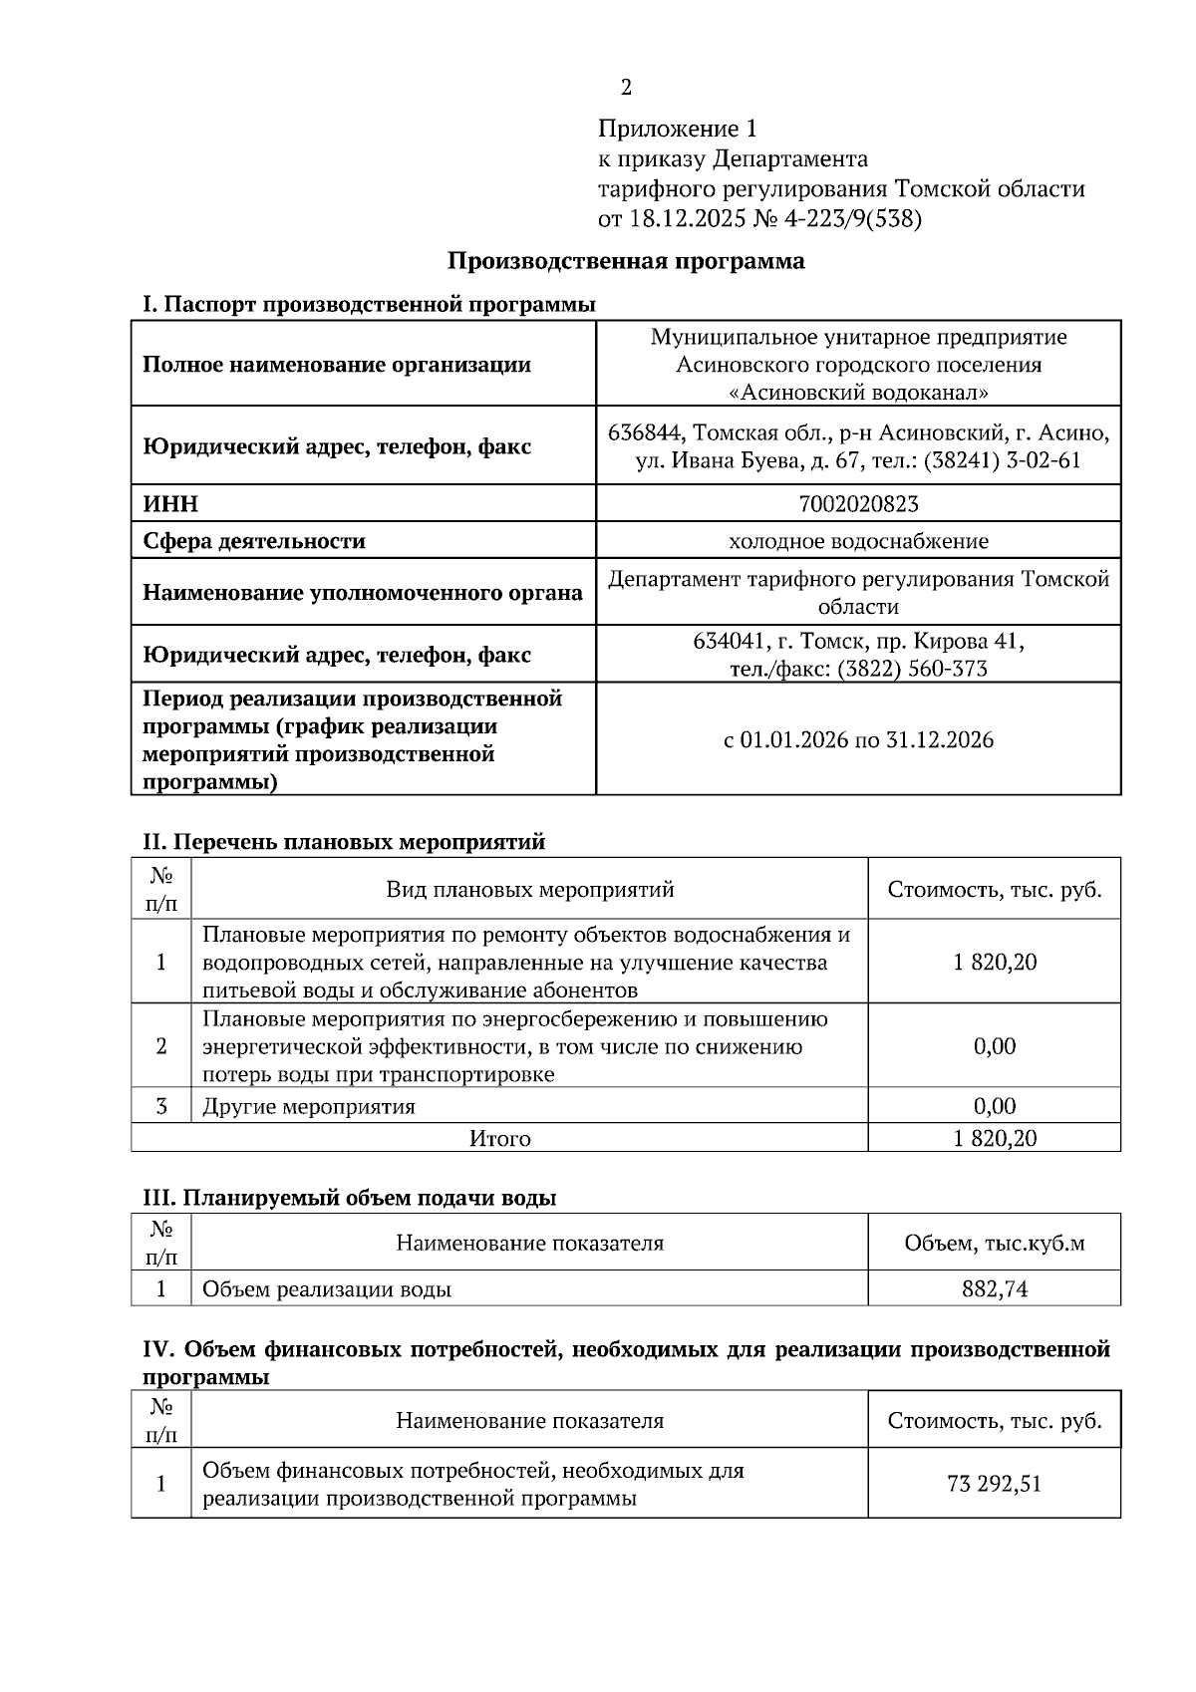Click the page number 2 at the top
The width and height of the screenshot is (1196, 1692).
pos(626,88)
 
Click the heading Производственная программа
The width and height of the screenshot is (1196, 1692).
pos(626,262)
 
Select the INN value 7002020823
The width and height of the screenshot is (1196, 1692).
pos(858,504)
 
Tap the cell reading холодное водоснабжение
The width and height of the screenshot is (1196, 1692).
pos(858,541)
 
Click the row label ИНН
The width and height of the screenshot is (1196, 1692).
pos(170,504)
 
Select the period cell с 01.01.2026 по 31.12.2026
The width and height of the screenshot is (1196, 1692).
pos(858,739)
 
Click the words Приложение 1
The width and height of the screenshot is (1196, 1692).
pos(678,129)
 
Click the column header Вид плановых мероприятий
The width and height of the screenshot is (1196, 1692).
pos(529,889)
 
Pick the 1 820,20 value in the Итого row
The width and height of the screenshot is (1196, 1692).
pos(994,1138)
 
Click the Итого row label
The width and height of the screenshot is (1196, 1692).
pos(500,1138)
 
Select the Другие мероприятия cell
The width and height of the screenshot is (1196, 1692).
pos(309,1106)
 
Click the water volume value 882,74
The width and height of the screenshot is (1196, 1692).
pos(994,1288)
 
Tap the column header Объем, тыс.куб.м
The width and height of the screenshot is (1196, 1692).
pos(994,1243)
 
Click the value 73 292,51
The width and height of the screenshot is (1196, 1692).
pos(994,1484)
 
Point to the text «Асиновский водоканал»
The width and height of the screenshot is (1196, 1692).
pos(858,393)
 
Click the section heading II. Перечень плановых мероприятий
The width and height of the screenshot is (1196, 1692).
pos(345,842)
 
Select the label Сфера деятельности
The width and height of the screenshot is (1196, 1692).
pos(254,541)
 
